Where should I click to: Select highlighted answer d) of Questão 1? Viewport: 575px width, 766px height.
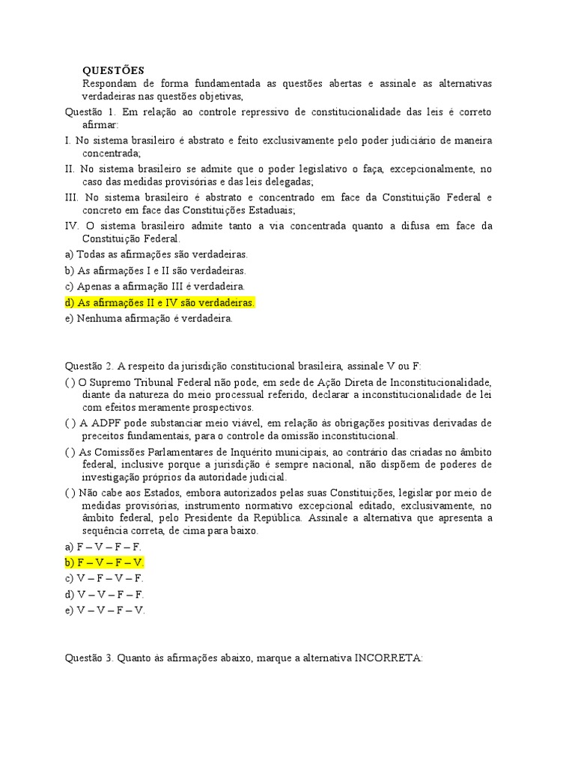pos(160,303)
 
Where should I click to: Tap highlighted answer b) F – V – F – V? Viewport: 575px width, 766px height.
pos(104,562)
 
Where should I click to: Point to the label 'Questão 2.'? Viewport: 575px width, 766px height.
pos(89,366)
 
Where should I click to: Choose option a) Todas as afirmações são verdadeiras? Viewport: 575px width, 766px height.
pos(156,254)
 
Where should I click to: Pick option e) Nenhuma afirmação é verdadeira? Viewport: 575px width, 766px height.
pos(149,319)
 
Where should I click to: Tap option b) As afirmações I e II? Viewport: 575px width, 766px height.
pos(155,270)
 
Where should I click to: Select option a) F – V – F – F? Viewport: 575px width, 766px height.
pos(103,546)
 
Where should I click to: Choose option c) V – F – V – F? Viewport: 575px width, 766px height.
pos(104,578)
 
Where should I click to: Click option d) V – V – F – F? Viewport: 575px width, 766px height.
pos(104,594)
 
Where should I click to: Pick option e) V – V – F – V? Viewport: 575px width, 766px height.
pos(105,610)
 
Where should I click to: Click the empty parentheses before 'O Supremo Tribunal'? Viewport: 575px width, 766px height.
pos(70,382)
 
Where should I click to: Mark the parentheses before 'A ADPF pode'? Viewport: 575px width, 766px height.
pos(70,423)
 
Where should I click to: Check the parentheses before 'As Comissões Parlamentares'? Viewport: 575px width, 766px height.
pos(70,452)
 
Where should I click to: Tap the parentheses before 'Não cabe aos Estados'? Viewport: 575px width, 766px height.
pos(70,492)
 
